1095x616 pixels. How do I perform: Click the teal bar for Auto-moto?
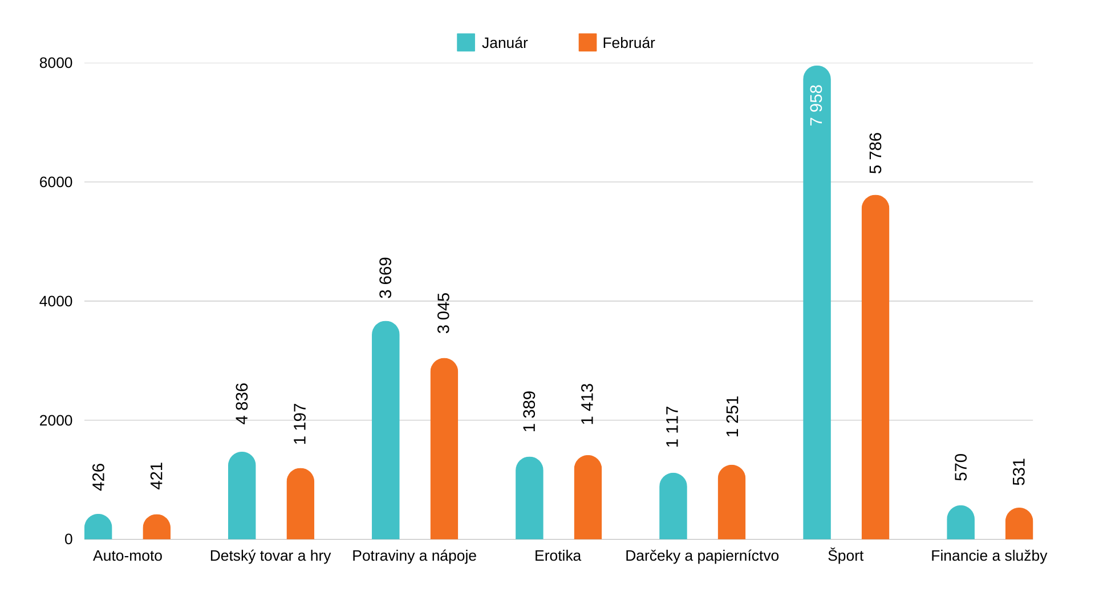click(x=98, y=528)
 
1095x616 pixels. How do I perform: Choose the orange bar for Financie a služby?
click(x=1019, y=524)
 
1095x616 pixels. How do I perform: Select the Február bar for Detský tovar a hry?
click(x=300, y=504)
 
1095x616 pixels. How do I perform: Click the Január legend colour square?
click(x=465, y=43)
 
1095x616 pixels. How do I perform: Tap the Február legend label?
click(x=628, y=43)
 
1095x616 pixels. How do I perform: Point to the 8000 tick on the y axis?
click(x=56, y=63)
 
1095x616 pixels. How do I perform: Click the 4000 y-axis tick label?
click(x=56, y=301)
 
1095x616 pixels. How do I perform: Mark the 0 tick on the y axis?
click(x=68, y=539)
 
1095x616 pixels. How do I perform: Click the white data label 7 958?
click(x=817, y=105)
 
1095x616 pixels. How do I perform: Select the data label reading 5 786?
click(x=875, y=153)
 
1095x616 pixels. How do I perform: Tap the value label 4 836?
click(x=242, y=403)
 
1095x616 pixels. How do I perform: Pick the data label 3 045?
click(x=444, y=313)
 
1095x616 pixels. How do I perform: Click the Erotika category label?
click(x=557, y=556)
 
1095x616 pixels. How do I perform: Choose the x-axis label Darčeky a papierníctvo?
click(x=701, y=556)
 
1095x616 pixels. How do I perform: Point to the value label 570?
click(x=961, y=467)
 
